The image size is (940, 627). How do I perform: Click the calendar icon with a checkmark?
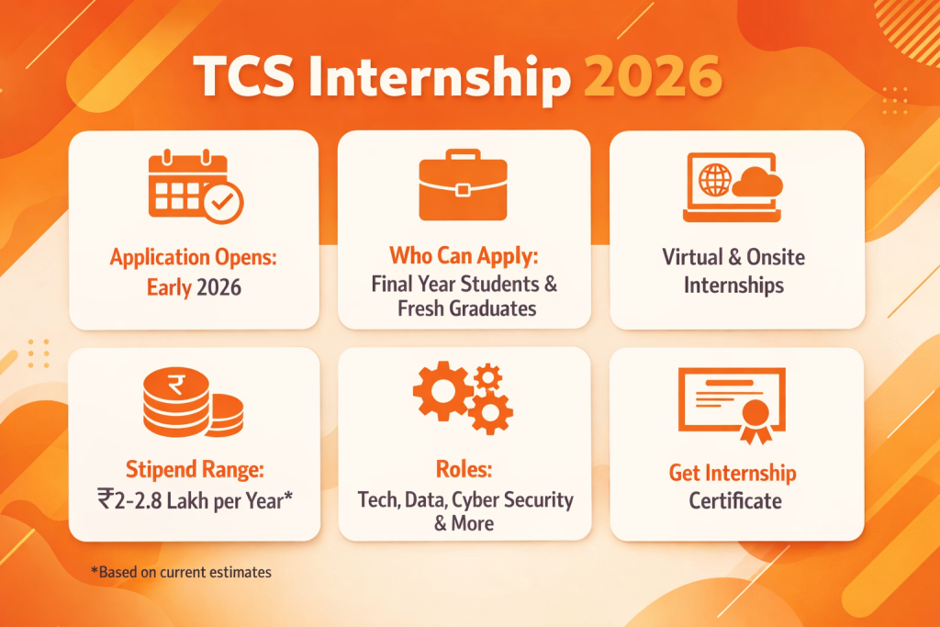[x=195, y=188]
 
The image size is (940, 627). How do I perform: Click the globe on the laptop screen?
[x=713, y=178]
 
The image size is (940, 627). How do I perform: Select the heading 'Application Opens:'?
[x=194, y=258]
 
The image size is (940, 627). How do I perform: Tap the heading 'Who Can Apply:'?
[x=463, y=254]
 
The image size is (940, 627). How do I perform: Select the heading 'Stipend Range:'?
[x=194, y=471]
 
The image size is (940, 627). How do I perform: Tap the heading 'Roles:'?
[x=464, y=469]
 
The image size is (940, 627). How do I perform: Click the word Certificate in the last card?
[x=735, y=501]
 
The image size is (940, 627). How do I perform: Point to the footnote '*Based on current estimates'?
[x=181, y=572]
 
